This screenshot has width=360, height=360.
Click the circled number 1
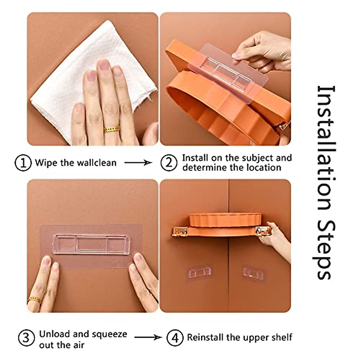point(23,163)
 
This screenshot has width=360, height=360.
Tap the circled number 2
point(169,163)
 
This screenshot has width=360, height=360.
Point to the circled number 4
point(175,338)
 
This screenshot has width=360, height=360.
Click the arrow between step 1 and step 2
point(138,163)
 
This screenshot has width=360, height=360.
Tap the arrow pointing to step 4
point(148,337)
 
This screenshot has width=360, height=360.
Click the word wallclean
point(96,163)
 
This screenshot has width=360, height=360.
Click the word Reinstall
point(206,337)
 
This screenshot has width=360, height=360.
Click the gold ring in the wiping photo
point(112,129)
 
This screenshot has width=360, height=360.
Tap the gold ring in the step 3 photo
point(35,300)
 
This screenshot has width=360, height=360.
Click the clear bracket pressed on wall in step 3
point(91,244)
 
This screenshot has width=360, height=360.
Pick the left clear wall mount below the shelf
point(198,272)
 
